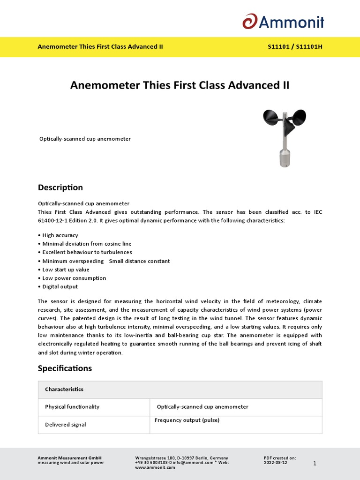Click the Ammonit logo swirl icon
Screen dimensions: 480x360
(249, 22)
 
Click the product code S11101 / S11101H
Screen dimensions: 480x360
(295, 47)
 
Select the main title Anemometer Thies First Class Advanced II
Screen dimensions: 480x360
(180, 85)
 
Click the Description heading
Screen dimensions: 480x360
(60, 187)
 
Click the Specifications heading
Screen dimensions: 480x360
(65, 368)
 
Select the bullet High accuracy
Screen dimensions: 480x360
(60, 235)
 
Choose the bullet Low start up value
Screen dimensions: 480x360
(66, 270)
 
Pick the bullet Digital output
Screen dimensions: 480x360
(60, 286)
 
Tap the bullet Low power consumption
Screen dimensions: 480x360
(74, 278)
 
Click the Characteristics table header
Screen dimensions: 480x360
(64, 390)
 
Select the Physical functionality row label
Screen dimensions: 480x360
(72, 407)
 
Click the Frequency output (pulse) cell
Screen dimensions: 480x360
(187, 420)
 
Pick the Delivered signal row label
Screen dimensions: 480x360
(66, 425)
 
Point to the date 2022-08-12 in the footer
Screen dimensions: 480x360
(276, 463)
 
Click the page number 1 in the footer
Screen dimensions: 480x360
(315, 463)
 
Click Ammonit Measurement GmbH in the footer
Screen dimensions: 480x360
(69, 458)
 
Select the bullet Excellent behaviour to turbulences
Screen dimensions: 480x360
(87, 252)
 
